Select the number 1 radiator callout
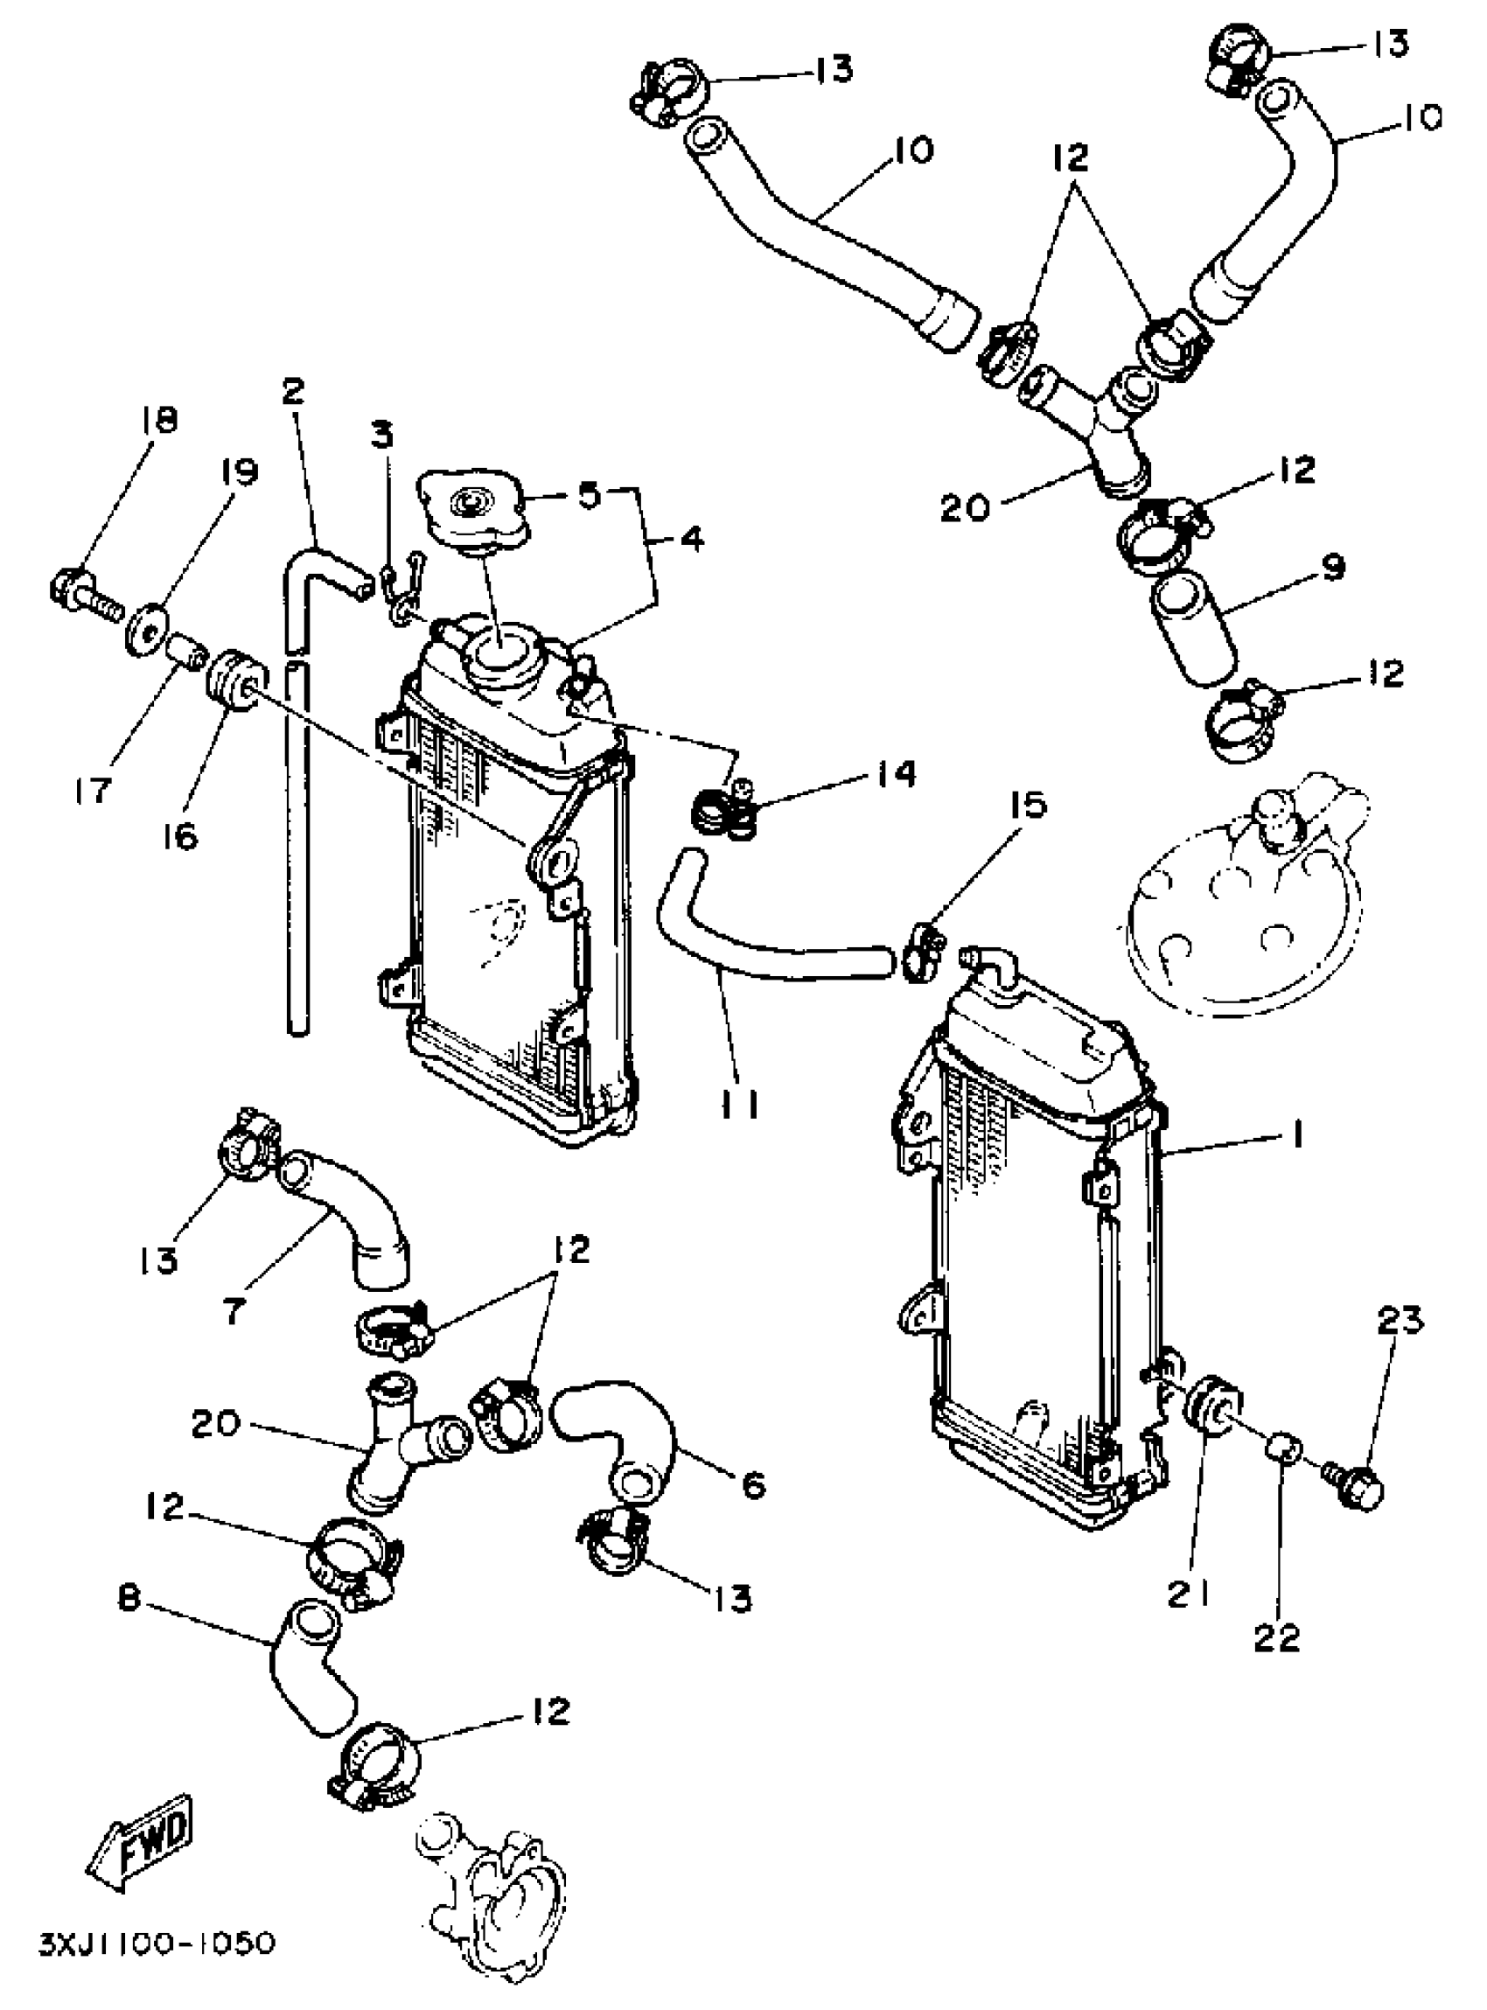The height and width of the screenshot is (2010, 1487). click(x=1297, y=1137)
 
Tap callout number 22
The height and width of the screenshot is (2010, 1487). click(x=1277, y=1636)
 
